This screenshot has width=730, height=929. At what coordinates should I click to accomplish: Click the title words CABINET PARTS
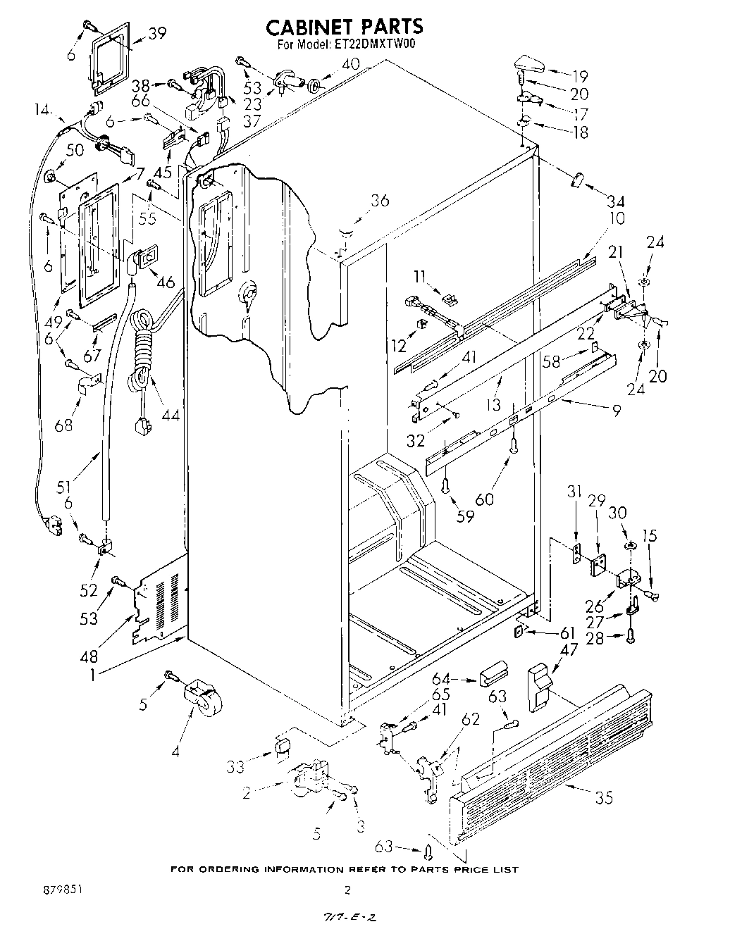345,27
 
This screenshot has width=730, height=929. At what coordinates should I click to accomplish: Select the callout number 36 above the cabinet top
379,200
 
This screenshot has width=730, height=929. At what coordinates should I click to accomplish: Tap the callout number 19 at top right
579,76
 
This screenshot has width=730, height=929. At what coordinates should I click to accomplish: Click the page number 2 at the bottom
347,890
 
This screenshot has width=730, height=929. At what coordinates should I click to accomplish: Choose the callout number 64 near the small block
441,680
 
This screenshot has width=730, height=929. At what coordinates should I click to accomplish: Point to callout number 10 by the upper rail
617,219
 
